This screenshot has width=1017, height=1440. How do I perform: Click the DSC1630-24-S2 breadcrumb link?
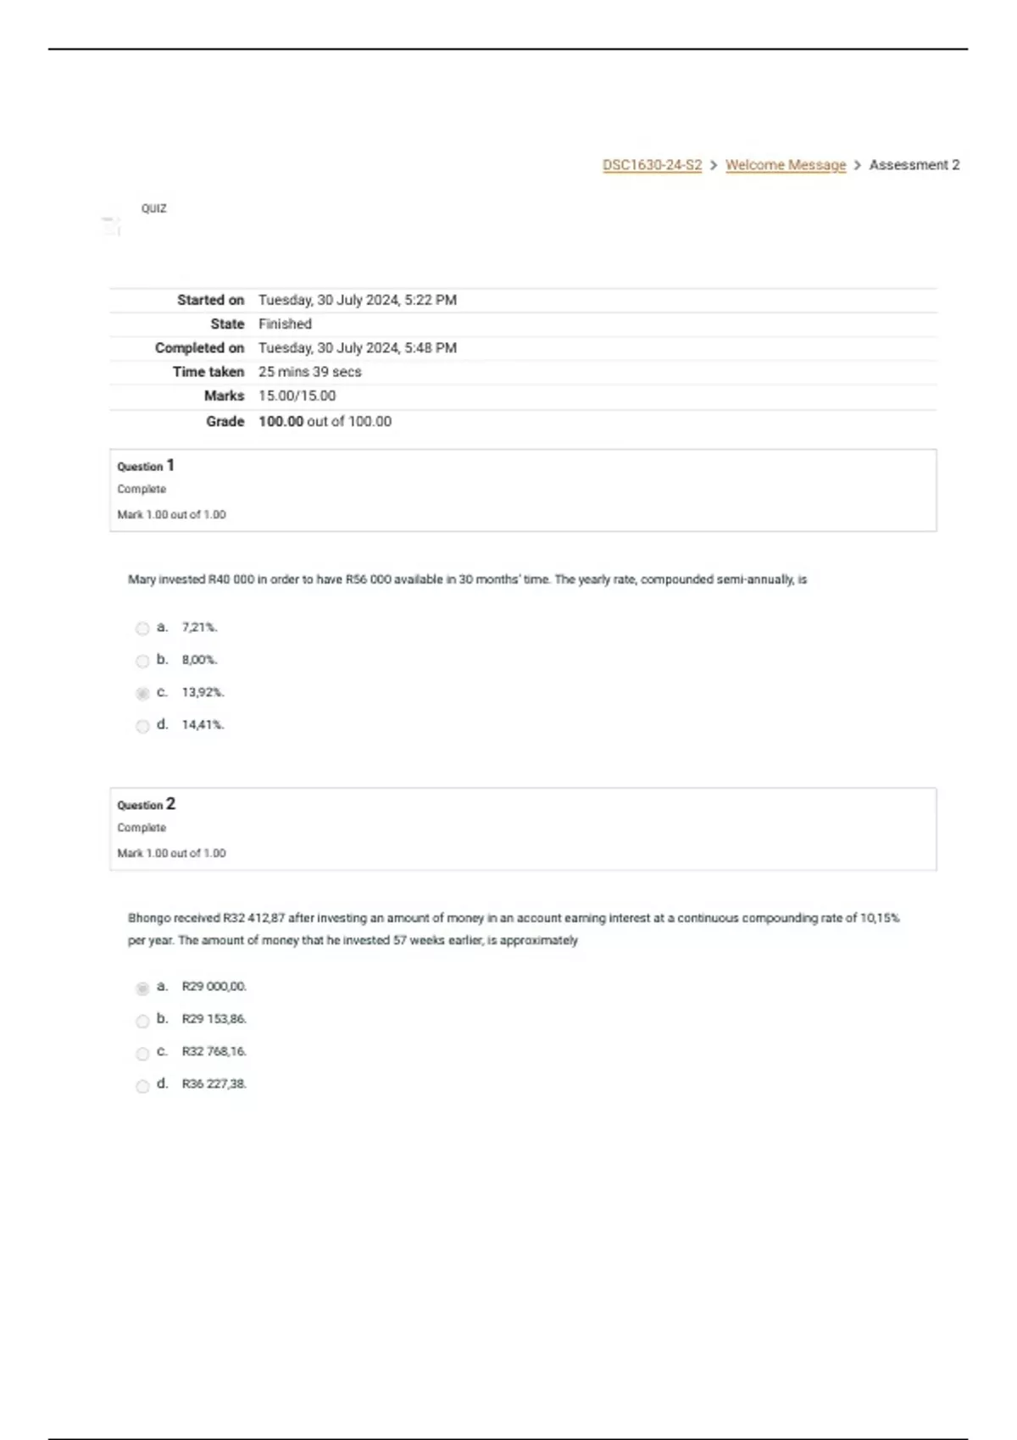tap(652, 165)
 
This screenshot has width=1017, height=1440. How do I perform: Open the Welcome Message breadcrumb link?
tap(786, 165)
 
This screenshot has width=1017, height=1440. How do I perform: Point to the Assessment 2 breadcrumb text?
tap(914, 165)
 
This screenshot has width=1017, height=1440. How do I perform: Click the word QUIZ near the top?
tap(154, 208)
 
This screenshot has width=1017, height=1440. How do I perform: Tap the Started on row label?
tap(210, 300)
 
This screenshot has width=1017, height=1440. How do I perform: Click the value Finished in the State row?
tap(285, 324)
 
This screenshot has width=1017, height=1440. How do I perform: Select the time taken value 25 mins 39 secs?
tap(309, 372)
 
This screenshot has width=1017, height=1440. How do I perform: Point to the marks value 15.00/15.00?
tap(297, 396)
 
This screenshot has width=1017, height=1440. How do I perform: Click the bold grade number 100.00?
tap(281, 421)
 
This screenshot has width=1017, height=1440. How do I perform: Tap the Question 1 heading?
tap(146, 466)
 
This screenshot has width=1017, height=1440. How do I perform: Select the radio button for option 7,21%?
tap(142, 629)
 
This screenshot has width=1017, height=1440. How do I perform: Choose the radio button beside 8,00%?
tap(142, 661)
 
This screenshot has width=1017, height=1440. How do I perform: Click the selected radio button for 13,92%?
tap(142, 694)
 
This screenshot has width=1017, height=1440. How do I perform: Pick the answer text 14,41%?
tap(203, 725)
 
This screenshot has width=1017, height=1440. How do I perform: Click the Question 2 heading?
tap(146, 805)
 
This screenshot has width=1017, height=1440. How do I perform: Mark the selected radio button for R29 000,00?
tap(142, 988)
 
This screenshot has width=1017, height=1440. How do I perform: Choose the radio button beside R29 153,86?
tap(142, 1021)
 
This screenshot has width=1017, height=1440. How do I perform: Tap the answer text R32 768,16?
tap(214, 1051)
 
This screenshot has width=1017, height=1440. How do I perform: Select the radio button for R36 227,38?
tap(142, 1086)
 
